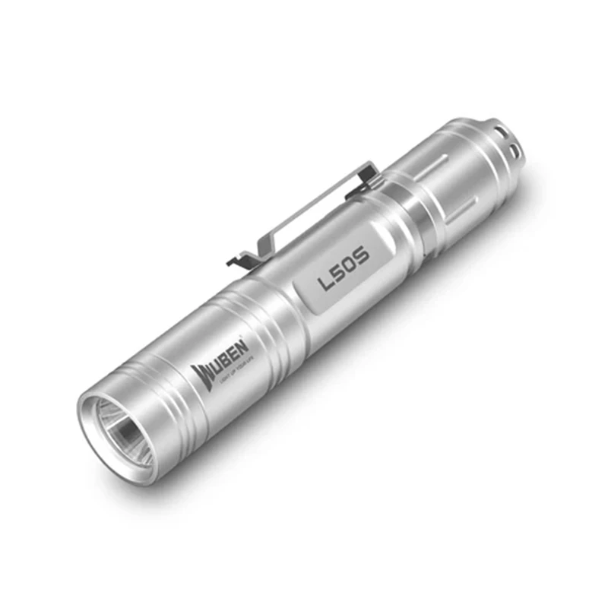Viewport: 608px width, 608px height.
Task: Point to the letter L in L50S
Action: [325, 282]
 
